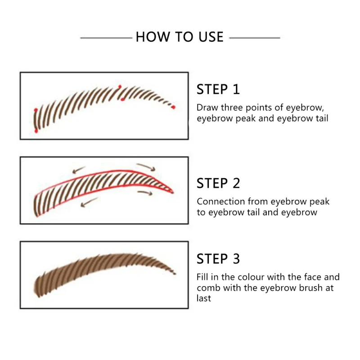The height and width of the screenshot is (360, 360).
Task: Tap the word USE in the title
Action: click(208, 37)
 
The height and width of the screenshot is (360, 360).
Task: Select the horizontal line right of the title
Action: click(255, 37)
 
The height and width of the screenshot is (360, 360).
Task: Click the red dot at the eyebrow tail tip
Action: click(173, 107)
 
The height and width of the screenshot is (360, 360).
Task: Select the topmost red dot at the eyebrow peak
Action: click(120, 86)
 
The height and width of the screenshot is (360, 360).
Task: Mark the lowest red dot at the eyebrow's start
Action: click(36, 131)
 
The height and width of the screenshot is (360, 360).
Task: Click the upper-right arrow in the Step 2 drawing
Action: click(146, 167)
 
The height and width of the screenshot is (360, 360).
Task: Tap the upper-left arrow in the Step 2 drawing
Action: click(80, 170)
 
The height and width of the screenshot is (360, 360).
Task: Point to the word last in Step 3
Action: click(203, 298)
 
